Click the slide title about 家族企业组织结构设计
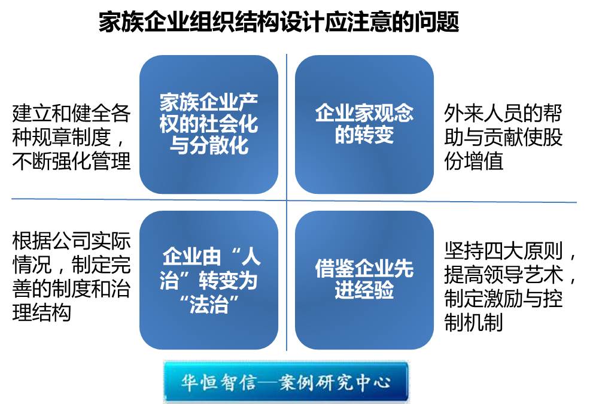click(279, 22)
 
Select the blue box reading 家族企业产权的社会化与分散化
click(209, 124)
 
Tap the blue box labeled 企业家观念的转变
click(364, 124)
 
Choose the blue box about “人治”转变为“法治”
click(209, 280)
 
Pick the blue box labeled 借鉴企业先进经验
click(364, 280)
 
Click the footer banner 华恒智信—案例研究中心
click(286, 382)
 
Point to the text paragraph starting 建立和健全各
click(71, 137)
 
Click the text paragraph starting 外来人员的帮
click(503, 137)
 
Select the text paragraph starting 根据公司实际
click(71, 277)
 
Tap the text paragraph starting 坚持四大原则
click(510, 286)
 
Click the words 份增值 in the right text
click(473, 161)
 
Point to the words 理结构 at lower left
click(42, 313)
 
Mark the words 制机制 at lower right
click(473, 322)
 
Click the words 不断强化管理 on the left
click(71, 161)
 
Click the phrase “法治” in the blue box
click(209, 304)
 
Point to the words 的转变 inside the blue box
click(364, 135)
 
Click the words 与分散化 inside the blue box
click(209, 145)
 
